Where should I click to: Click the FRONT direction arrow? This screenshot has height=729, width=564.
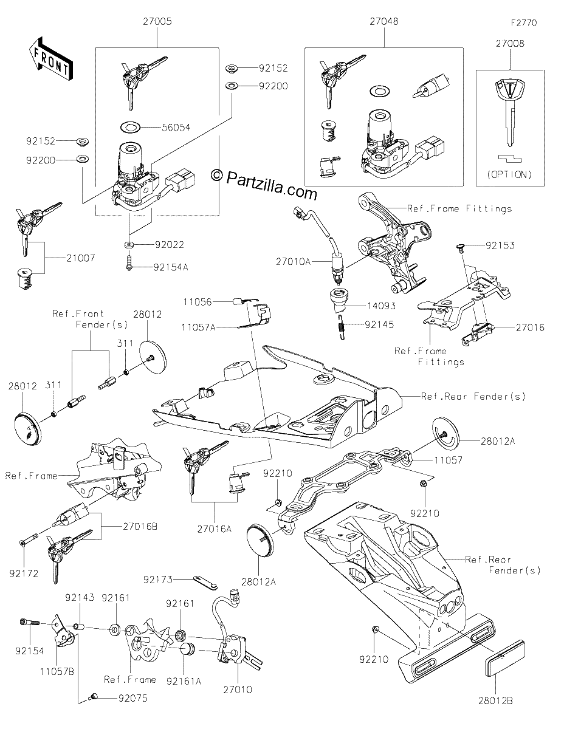click(50, 58)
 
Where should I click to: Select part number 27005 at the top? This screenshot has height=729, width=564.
click(157, 21)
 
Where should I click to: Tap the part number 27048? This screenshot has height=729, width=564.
click(384, 21)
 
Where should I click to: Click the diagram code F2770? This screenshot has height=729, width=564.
click(524, 23)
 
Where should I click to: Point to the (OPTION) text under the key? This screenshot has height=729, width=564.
click(509, 174)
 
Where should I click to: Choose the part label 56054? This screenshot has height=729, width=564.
click(176, 128)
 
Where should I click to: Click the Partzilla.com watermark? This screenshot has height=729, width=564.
click(265, 184)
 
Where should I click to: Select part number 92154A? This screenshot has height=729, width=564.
click(171, 267)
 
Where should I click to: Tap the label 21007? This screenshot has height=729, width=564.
click(80, 258)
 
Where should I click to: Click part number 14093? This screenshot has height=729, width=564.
click(381, 306)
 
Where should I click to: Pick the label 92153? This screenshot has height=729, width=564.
click(500, 245)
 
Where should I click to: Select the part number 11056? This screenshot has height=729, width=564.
click(198, 302)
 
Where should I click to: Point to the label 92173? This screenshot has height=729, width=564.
click(158, 580)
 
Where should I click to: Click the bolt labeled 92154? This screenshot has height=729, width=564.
click(30, 622)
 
